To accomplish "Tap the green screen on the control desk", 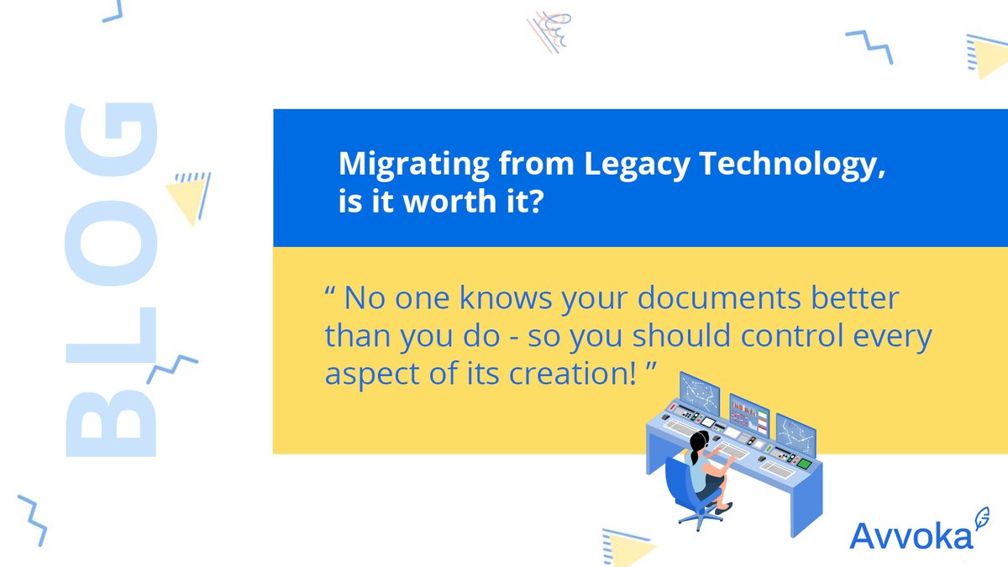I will [x=804, y=463].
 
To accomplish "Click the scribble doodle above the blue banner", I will [x=550, y=32].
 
